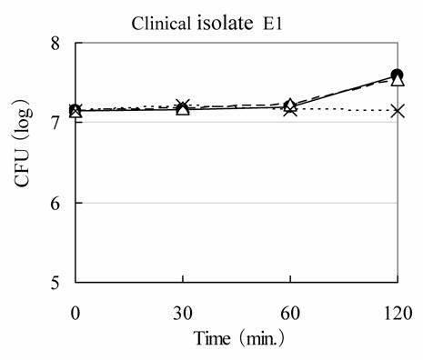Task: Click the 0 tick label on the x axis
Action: pos(76,313)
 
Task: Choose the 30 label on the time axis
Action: pos(182,313)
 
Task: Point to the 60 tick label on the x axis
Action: pos(289,313)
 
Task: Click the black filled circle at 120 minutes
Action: pos(397,75)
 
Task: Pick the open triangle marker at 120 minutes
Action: pos(397,81)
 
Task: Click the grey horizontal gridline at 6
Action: pos(237,203)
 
